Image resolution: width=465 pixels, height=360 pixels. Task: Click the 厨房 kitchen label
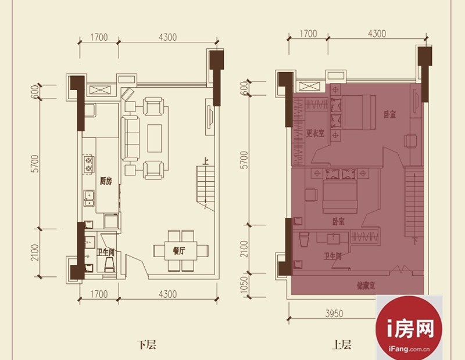coord(106,181)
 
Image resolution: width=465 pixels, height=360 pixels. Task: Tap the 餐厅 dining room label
coord(179,251)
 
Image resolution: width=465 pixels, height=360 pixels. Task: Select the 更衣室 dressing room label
coord(315,134)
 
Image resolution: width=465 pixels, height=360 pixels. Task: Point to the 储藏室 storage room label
coord(366,286)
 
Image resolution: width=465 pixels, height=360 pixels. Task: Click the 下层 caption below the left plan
coord(146,345)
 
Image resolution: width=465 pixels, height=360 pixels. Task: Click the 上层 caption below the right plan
coord(342,345)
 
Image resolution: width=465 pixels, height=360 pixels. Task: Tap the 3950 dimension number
coord(334,313)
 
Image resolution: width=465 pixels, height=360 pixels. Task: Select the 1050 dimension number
coord(244,285)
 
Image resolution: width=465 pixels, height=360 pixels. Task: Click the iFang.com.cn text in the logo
coord(409,350)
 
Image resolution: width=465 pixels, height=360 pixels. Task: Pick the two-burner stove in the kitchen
coord(88,164)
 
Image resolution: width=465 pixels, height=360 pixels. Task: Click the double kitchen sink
coord(89,198)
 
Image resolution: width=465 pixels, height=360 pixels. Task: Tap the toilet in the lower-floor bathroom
coord(109,264)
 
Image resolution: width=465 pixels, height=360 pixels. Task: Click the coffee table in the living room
coord(155,138)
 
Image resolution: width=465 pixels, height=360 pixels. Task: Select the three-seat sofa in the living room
coord(130,138)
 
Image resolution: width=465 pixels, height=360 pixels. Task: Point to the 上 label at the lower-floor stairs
coord(205,162)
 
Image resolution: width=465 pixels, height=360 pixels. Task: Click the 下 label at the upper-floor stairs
coord(415,242)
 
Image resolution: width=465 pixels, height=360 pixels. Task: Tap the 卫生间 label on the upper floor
coord(332,256)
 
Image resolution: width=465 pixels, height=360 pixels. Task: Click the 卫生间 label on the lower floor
coord(106,253)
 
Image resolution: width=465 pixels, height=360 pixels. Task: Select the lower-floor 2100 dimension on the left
coord(35,253)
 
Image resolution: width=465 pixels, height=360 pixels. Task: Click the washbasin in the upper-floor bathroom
coord(334,238)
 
